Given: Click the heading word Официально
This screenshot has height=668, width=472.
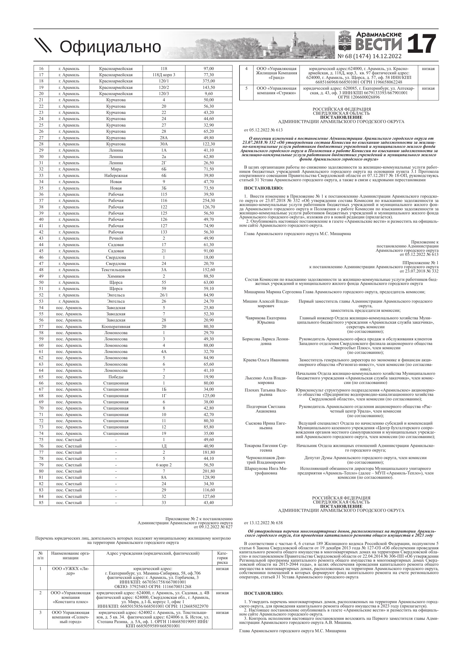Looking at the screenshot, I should [x=110, y=47].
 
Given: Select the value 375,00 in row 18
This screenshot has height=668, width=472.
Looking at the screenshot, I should [x=209, y=81].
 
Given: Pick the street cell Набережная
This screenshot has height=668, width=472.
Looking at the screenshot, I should [x=116, y=176].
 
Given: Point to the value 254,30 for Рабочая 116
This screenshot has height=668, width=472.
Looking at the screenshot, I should [x=209, y=201].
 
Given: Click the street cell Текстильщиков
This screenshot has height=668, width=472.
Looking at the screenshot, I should [x=116, y=270].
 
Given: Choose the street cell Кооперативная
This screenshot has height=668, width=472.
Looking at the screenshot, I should [x=116, y=326].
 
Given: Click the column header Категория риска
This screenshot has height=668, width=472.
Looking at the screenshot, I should [x=222, y=558].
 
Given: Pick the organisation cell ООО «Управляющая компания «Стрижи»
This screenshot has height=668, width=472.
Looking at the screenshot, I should [x=276, y=90].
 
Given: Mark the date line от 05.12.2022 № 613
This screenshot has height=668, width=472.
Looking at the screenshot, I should [x=263, y=130].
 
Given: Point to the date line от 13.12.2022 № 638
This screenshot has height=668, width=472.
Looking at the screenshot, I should [x=263, y=523].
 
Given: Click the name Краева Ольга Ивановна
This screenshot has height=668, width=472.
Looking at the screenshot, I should [x=266, y=360].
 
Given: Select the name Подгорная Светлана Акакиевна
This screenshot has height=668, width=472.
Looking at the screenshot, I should [x=266, y=409].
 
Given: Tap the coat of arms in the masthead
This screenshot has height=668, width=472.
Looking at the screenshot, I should [x=345, y=42].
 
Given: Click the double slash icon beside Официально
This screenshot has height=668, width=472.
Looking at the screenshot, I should [x=43, y=46].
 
